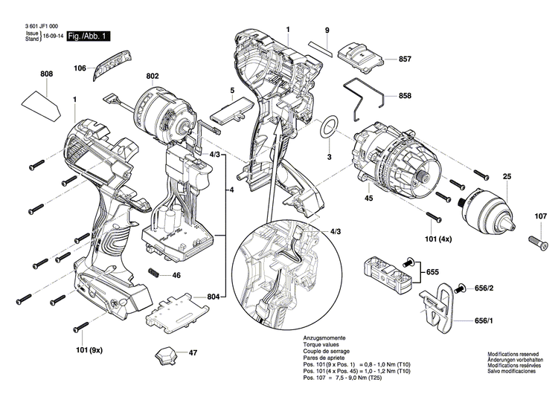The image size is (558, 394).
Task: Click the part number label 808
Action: click(47, 74)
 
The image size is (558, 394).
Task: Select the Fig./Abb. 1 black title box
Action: click(88, 36)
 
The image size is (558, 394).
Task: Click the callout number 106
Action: click(80, 68)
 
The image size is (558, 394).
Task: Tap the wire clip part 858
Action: click(365, 97)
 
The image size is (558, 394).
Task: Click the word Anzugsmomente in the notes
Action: click(325, 338)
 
